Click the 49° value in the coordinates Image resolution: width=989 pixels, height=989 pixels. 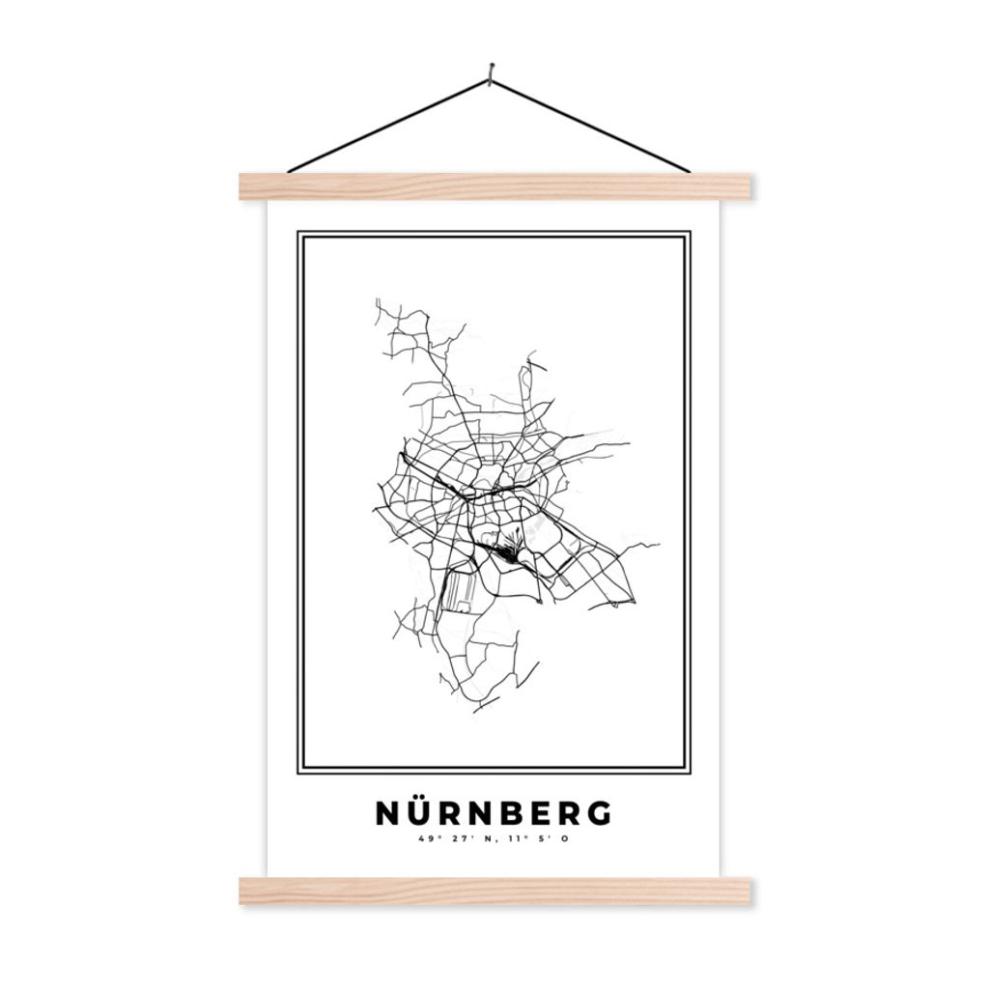point(426,838)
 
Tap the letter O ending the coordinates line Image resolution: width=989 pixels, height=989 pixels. point(565,838)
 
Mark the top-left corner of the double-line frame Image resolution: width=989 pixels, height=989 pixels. point(298,233)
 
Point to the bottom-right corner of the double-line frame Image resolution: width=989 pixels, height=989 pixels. point(689,773)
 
